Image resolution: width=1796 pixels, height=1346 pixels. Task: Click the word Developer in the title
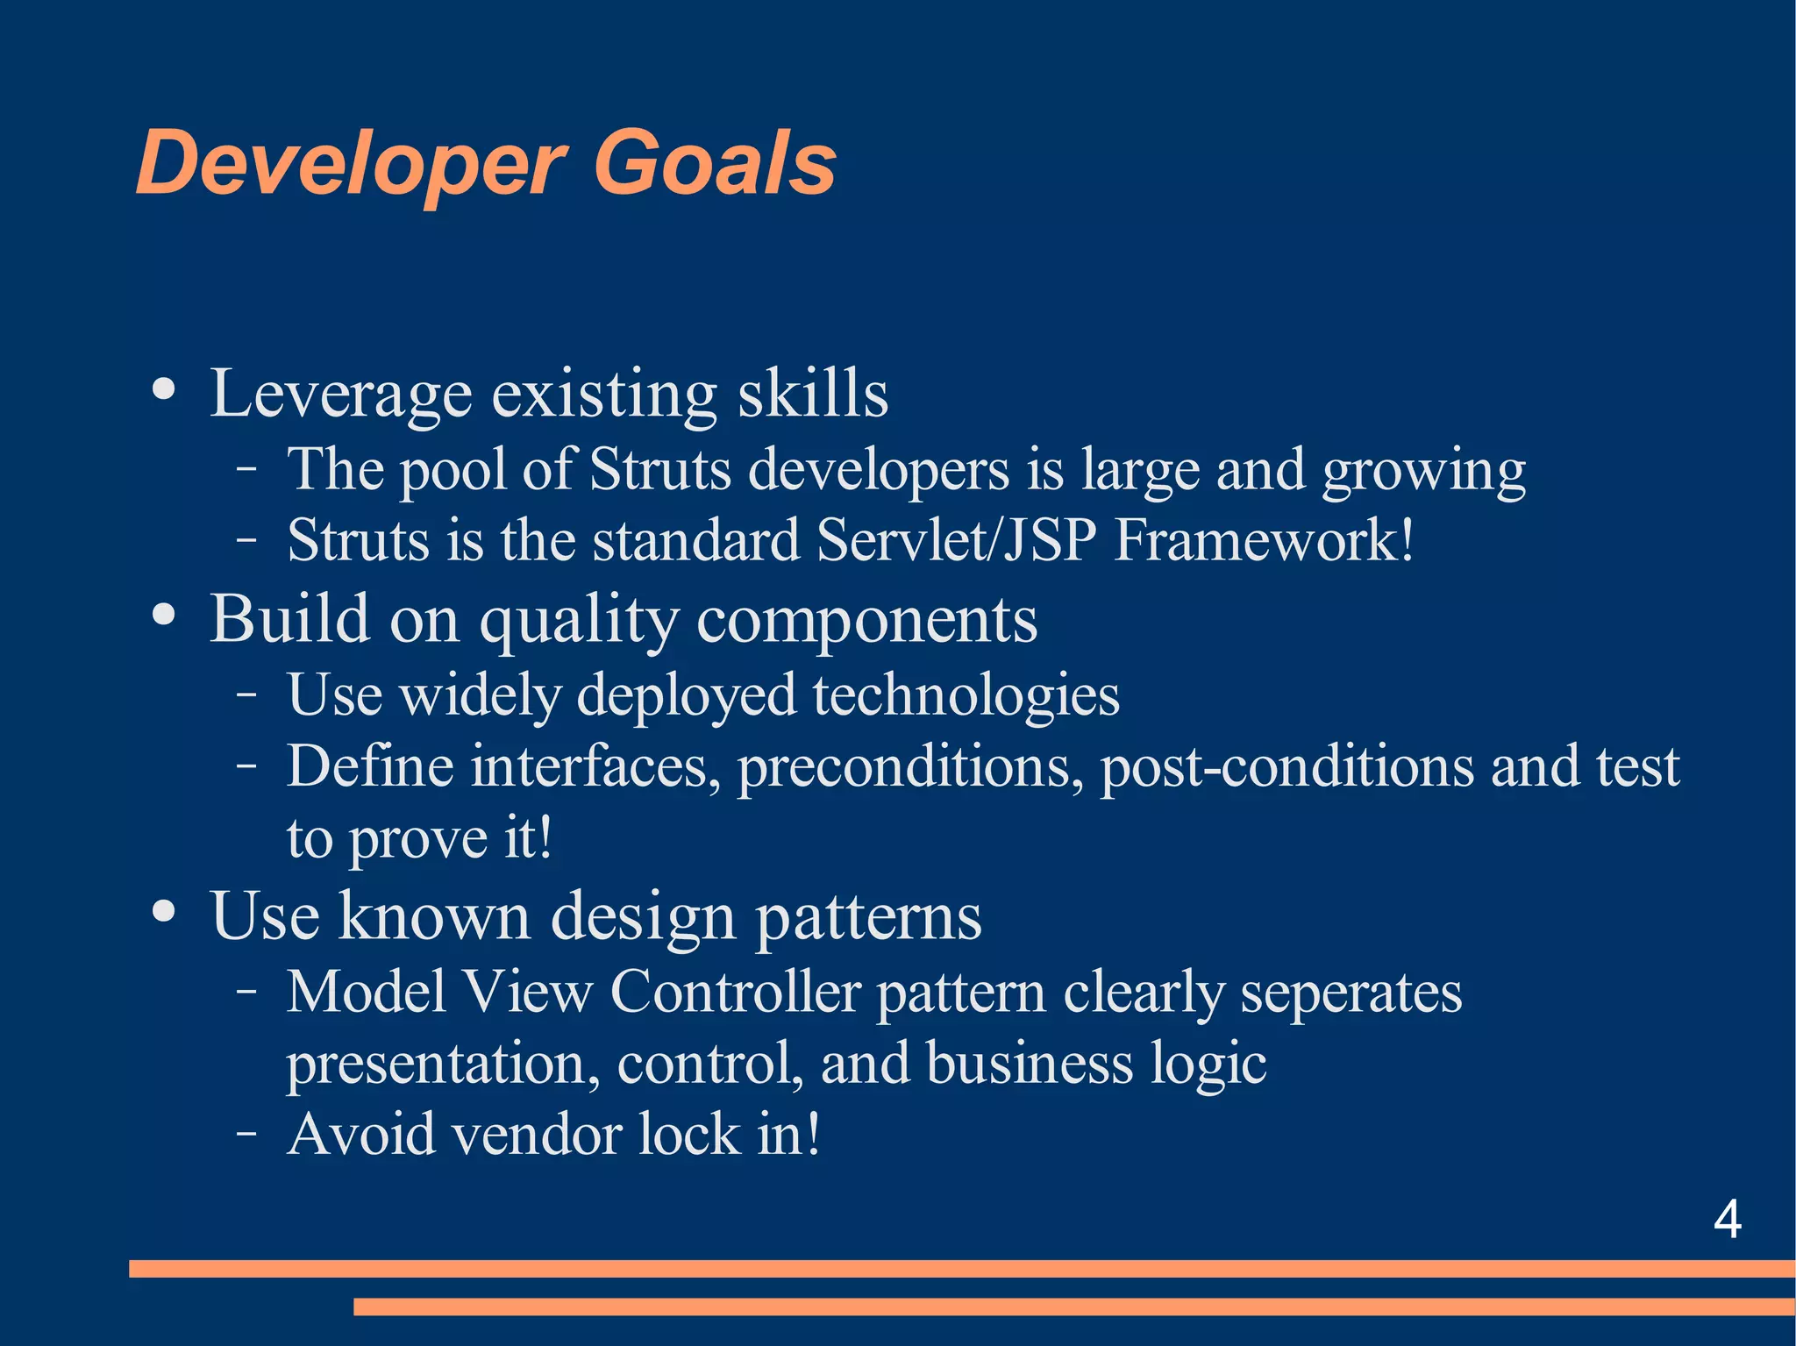351,164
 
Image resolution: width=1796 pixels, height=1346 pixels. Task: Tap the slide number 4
1727,1219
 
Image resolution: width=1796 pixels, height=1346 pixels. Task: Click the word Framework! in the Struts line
1264,540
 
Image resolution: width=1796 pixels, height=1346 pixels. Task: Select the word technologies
966,695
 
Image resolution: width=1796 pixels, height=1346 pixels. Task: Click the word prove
417,839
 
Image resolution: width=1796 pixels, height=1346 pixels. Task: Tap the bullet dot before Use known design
164,911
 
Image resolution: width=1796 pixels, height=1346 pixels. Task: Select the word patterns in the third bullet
868,917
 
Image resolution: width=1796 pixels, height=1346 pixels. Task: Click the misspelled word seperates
1351,994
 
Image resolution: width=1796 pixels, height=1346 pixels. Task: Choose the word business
1030,1064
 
